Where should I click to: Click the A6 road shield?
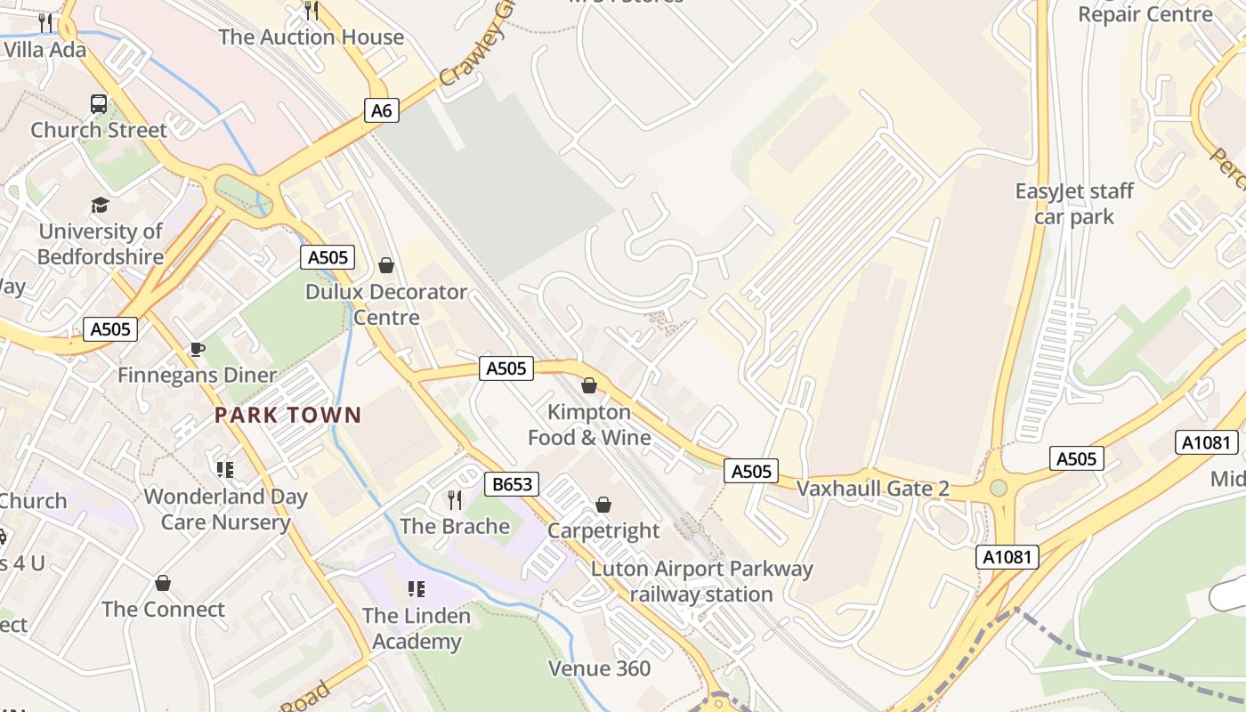coord(381,110)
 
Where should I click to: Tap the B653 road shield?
coord(512,484)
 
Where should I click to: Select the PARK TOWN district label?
coord(288,415)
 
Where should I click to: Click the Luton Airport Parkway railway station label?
coord(701,582)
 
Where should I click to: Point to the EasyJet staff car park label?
coord(1075,204)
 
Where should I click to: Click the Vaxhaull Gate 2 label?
coord(872,489)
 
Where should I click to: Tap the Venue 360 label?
coord(599,668)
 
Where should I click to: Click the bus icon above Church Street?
coord(99,103)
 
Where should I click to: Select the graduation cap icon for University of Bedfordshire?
coord(100,206)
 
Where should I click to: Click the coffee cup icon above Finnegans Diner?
coord(197,349)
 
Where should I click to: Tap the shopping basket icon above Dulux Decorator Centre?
coord(386,265)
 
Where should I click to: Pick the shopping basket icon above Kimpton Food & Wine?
coord(588,385)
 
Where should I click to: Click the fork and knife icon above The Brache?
coord(455,500)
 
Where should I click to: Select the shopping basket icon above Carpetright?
coord(603,505)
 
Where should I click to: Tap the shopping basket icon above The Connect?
coord(162,583)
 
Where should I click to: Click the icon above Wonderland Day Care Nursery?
coord(225,469)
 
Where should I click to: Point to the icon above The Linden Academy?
coord(416,589)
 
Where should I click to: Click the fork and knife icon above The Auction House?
coord(311,11)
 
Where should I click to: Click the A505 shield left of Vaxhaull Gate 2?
coord(750,471)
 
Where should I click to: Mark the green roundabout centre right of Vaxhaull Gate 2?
coord(999,488)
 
